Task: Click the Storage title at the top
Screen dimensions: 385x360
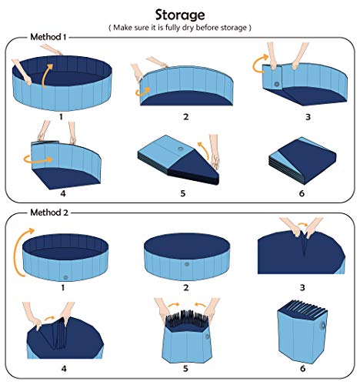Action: coord(179,14)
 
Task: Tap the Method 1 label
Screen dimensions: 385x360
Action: coord(48,37)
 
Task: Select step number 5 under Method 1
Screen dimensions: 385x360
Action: coord(182,193)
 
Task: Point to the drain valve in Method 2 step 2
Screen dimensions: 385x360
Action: coord(186,266)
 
